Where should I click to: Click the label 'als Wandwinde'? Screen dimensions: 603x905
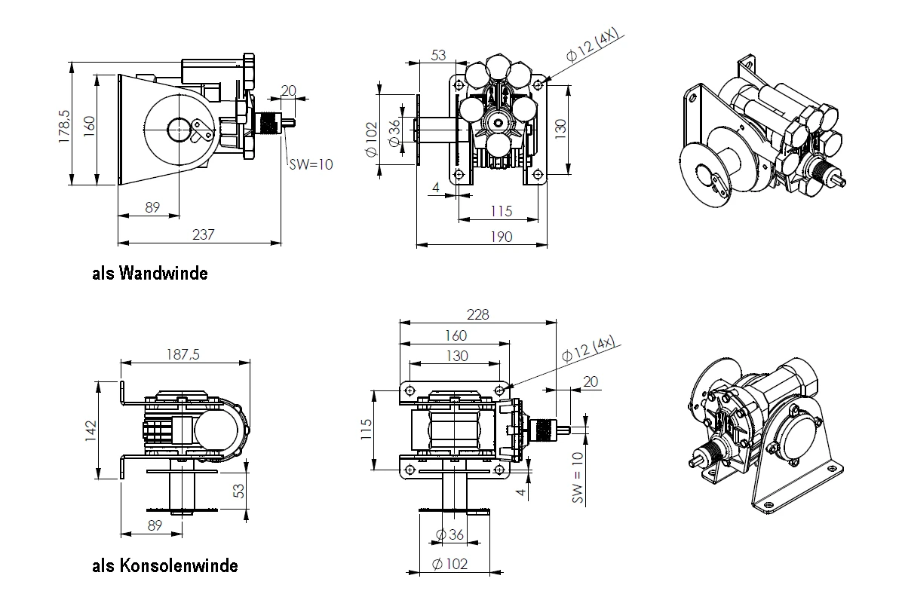tap(149, 273)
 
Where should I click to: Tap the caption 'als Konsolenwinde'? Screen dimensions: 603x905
tap(164, 565)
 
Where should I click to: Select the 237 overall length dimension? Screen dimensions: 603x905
tap(204, 234)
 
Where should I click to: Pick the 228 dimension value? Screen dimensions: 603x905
tap(477, 315)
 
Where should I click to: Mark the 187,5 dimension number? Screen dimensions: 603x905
tap(183, 356)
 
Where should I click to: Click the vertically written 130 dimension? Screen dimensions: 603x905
tap(560, 130)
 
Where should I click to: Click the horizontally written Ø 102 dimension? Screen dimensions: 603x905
tap(449, 564)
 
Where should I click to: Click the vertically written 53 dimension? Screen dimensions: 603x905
tap(238, 491)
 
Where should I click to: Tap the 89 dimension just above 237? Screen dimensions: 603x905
tap(152, 207)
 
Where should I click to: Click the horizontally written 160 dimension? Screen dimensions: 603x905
tap(456, 335)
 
